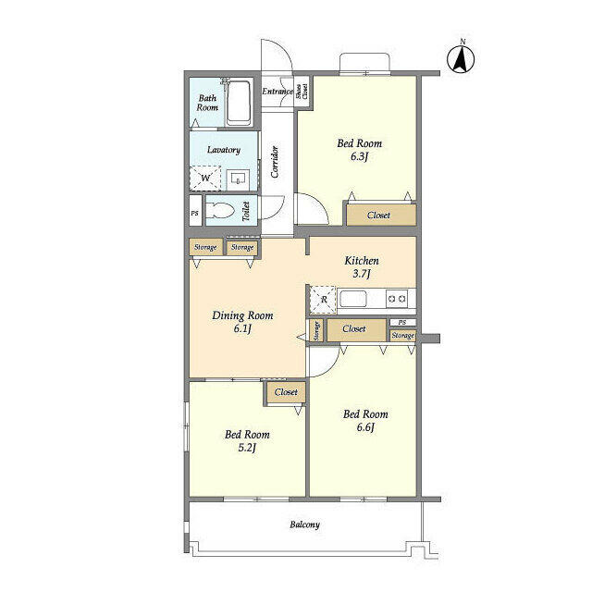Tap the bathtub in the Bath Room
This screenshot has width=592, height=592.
click(239, 103)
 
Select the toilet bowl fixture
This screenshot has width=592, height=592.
click(220, 209)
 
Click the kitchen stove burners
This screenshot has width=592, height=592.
click(397, 298)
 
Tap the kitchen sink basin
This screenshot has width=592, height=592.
click(354, 298)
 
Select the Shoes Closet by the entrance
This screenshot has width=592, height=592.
click(302, 91)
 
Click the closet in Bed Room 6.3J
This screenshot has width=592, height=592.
click(379, 215)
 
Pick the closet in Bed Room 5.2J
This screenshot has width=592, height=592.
click(287, 392)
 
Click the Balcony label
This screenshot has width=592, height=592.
click(304, 524)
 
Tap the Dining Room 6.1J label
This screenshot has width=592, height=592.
click(242, 321)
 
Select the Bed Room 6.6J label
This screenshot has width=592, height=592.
click(365, 421)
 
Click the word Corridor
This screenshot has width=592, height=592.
click(275, 162)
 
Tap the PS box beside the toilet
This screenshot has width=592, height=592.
click(194, 212)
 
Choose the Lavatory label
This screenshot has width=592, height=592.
click(224, 150)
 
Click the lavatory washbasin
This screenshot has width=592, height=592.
click(238, 178)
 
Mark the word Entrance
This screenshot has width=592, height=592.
click(277, 91)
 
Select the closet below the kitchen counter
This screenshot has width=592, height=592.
click(353, 328)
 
